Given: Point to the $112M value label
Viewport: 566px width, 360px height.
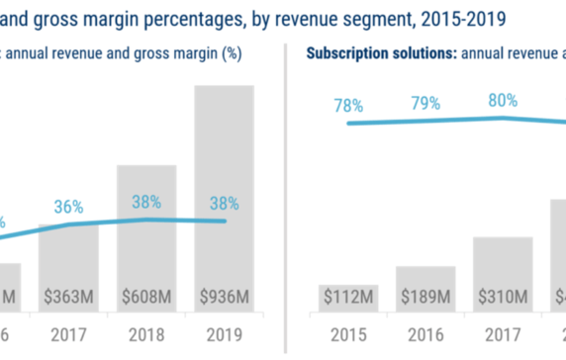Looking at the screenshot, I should pyautogui.click(x=347, y=295).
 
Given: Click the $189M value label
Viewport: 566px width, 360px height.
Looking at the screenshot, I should pyautogui.click(x=425, y=295).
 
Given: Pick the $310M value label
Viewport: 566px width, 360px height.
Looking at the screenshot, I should pyautogui.click(x=504, y=295).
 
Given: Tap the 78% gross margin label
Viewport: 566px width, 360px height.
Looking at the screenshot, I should pyautogui.click(x=347, y=106).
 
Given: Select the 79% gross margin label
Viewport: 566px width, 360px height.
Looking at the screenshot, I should pyautogui.click(x=425, y=102).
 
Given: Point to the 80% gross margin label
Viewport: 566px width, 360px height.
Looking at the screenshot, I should pyautogui.click(x=504, y=98).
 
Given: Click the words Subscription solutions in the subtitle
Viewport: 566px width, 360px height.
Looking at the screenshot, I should pyautogui.click(x=377, y=53).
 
